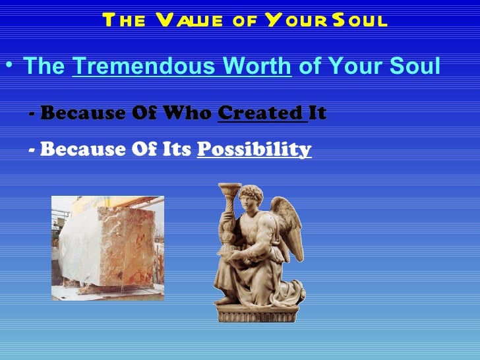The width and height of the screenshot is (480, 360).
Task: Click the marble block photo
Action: [107, 247]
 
